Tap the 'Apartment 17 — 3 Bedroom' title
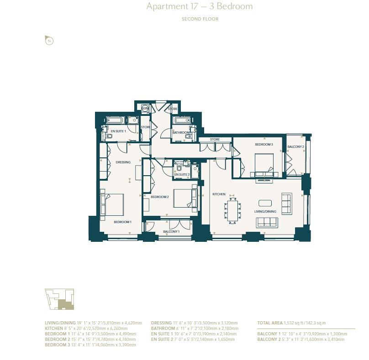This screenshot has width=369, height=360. point(199,7)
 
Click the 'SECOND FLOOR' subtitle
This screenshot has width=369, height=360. point(200,19)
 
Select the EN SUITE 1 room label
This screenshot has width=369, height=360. point(118,131)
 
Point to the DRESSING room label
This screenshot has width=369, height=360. point(123,162)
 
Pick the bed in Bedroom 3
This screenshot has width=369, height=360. point(264,164)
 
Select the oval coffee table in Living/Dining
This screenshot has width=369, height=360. point(265,203)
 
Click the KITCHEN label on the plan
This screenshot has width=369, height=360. point(219,194)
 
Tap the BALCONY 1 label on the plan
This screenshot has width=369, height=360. point(171,232)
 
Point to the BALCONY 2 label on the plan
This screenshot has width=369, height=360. point(295,146)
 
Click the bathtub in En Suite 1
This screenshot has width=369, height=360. point(114,120)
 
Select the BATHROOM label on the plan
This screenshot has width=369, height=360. point(181,132)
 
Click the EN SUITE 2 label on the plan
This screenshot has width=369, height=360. point(182,174)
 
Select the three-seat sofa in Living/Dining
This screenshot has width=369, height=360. point(267,222)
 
